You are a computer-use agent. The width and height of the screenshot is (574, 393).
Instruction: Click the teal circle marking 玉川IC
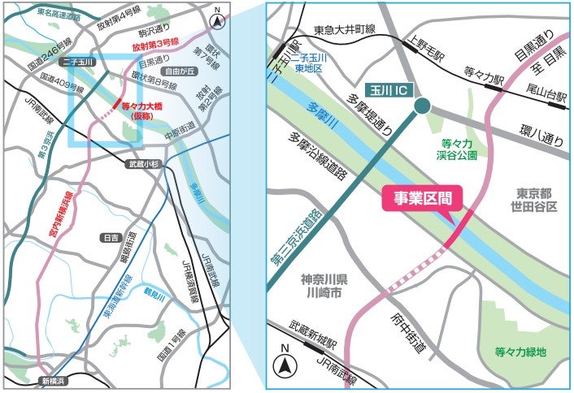[422, 106]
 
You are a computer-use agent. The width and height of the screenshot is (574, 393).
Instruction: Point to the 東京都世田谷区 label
[537, 201]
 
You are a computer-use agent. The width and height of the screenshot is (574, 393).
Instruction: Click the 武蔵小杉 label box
[145, 163]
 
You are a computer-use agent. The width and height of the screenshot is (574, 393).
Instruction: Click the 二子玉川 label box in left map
[83, 62]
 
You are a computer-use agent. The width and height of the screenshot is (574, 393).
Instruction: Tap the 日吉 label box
[111, 238]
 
